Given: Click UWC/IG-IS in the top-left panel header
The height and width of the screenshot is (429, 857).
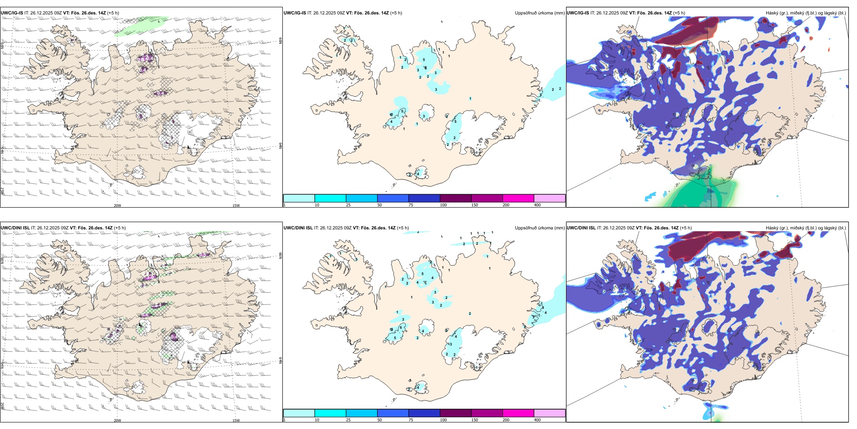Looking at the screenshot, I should point(12,13).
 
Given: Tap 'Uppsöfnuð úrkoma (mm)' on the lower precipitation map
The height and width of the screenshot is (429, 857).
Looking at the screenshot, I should point(539,228).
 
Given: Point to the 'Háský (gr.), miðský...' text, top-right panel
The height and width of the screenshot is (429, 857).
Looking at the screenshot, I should point(806,13).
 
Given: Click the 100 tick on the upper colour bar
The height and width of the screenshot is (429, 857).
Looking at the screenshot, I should point(443,205).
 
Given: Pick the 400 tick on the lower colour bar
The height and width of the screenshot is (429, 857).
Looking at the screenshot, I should point(537,420).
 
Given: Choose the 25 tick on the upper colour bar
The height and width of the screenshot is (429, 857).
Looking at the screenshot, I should point(348,205).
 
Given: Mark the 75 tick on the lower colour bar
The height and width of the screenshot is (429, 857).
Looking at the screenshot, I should point(411,420).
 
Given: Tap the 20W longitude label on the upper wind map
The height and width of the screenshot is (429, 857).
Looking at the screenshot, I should point(117,205).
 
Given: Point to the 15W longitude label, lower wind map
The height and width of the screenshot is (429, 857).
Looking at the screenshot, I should point(235,420).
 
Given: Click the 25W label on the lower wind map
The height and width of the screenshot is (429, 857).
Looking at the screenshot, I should point(3,406).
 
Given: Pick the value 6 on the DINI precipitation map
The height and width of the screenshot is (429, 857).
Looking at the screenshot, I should point(401,327).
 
